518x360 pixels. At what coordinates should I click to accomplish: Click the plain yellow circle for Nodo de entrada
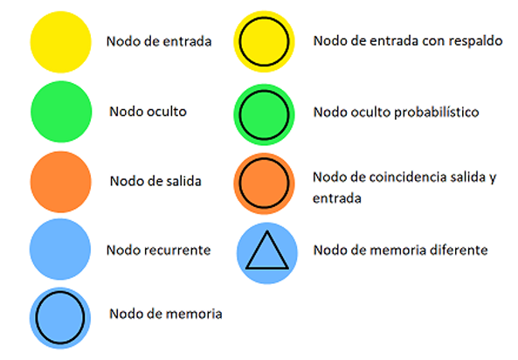point(61,42)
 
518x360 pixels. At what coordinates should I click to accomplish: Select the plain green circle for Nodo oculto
point(61,112)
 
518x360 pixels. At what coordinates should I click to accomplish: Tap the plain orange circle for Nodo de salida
point(61,182)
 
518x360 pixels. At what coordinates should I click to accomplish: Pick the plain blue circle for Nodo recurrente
point(60,249)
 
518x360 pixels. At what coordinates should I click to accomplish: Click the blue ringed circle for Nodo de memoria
point(60,318)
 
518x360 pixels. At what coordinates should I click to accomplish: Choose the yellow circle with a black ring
point(264,42)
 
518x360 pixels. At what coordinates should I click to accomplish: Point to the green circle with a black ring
point(264,114)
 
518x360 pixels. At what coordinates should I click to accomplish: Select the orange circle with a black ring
point(264,183)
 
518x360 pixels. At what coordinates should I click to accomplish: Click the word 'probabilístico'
point(437,113)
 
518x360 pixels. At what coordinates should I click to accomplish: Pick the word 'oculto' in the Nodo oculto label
point(167,111)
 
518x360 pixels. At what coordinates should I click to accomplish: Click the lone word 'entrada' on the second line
point(337,198)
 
